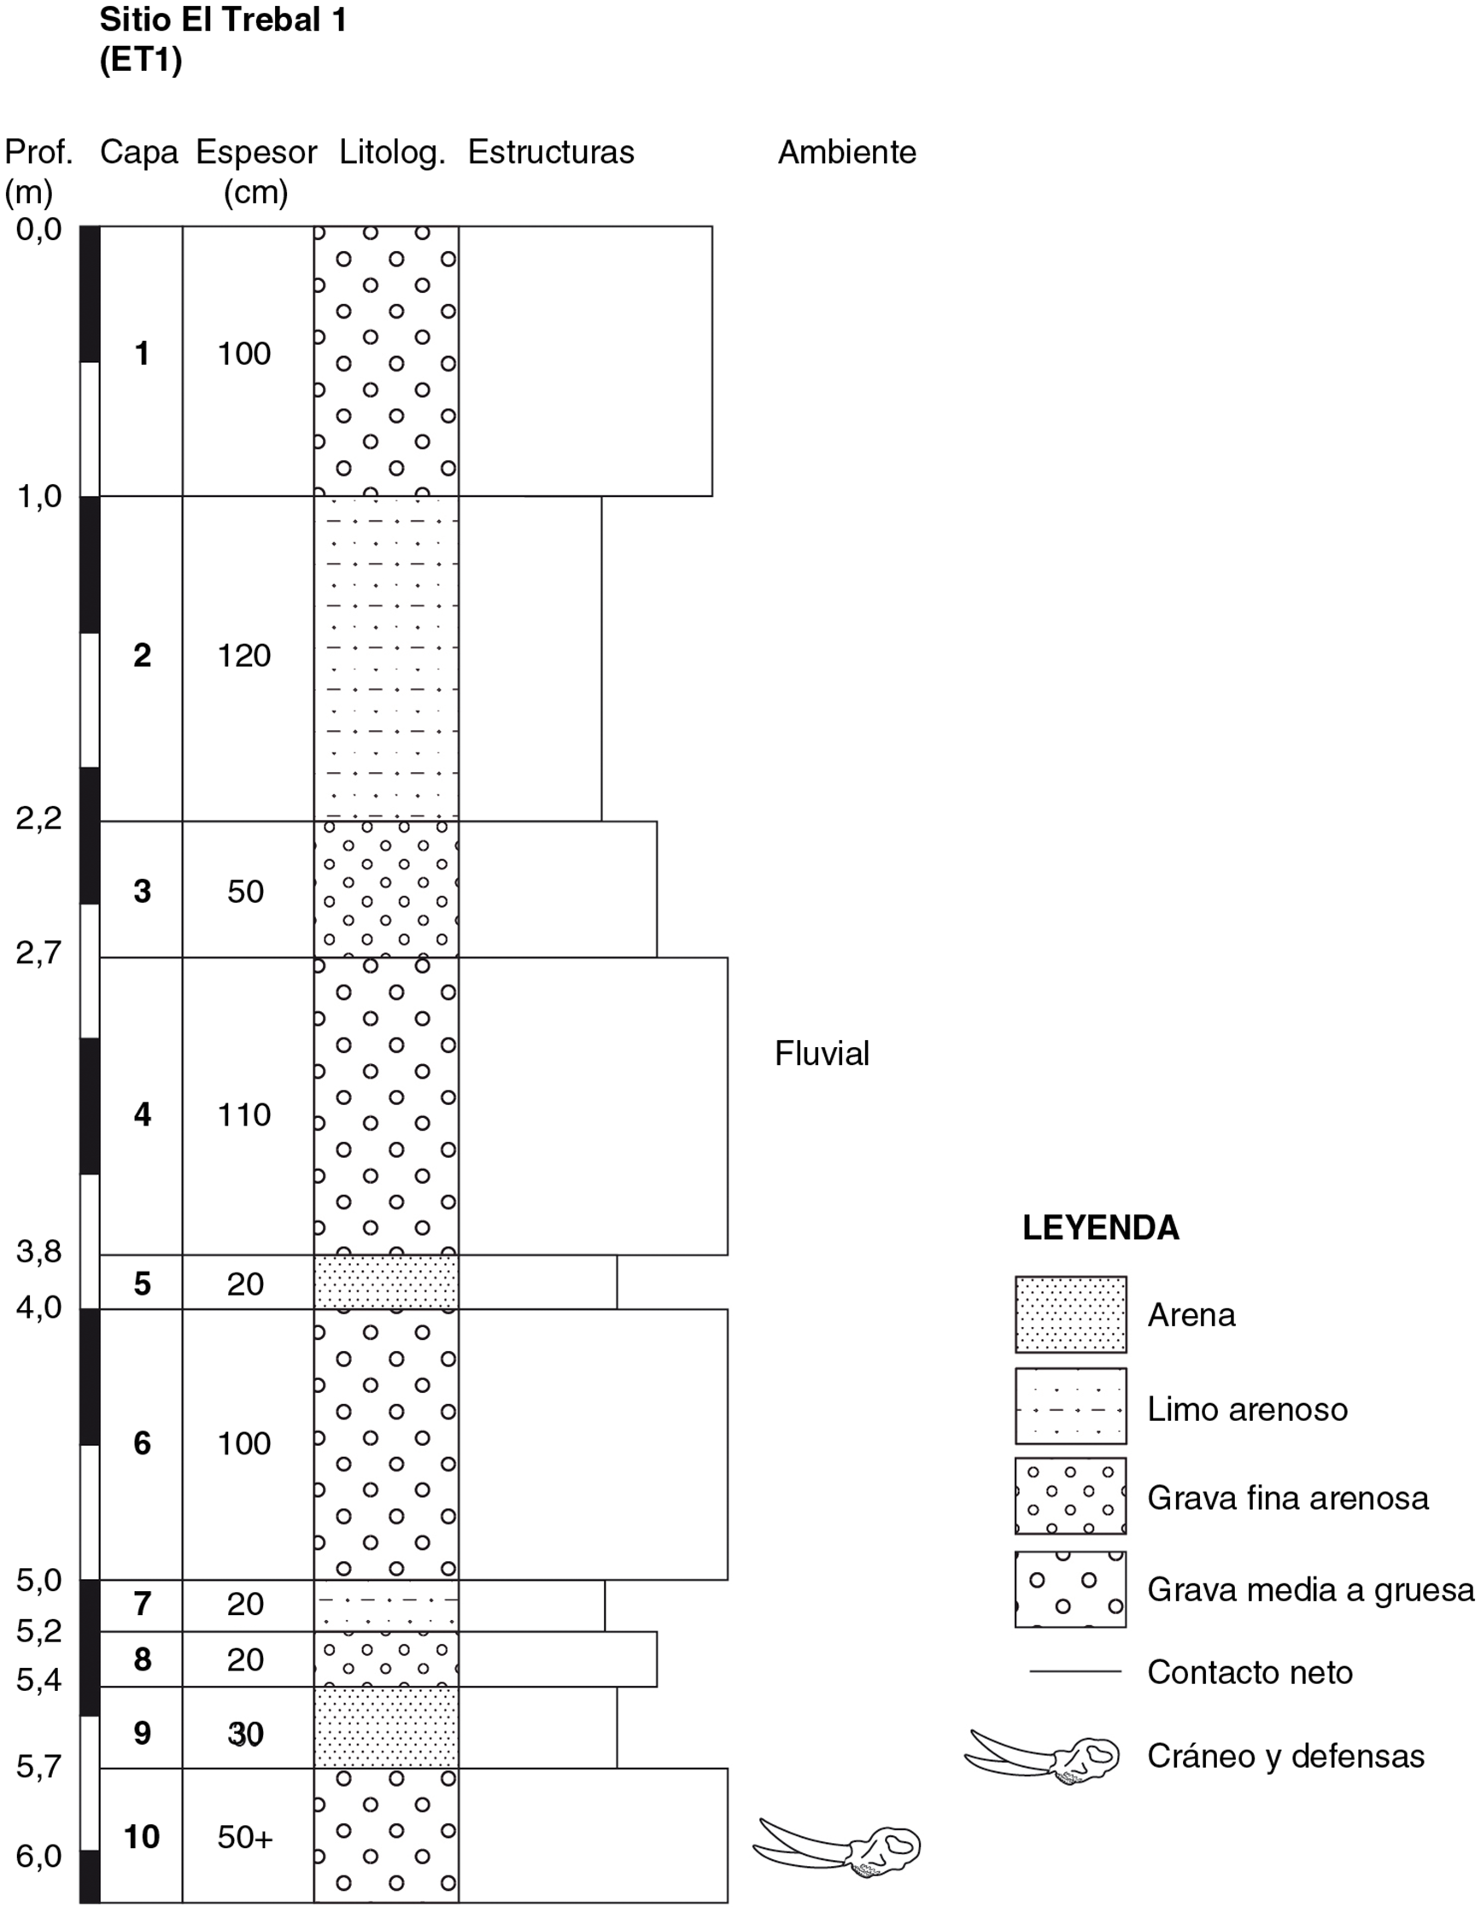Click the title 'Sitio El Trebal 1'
pyautogui.click(x=223, y=20)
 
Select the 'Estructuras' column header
pyautogui.click(x=551, y=152)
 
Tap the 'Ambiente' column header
pyautogui.click(x=847, y=152)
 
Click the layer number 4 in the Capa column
pyautogui.click(x=142, y=1115)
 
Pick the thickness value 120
pyautogui.click(x=244, y=656)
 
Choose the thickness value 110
pyautogui.click(x=244, y=1115)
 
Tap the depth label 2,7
pyautogui.click(x=39, y=953)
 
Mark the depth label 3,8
pyautogui.click(x=39, y=1253)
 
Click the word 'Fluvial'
pyautogui.click(x=822, y=1054)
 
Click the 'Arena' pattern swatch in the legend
pyautogui.click(x=1070, y=1314)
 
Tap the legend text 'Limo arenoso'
pyautogui.click(x=1247, y=1409)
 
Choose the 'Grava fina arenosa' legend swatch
pyautogui.click(x=1070, y=1497)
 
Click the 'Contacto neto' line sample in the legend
pyautogui.click(x=1075, y=1670)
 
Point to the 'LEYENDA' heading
pyautogui.click(x=1101, y=1228)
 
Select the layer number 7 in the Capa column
pyautogui.click(x=142, y=1603)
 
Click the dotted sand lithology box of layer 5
pyautogui.click(x=386, y=1283)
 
